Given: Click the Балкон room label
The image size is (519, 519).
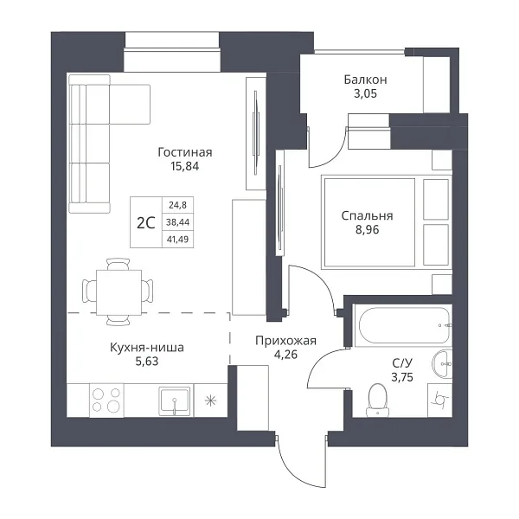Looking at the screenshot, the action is coord(365,80).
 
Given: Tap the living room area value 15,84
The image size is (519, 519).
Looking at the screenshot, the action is coord(185,166).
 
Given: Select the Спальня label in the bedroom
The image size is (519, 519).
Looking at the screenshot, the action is coord(367,216).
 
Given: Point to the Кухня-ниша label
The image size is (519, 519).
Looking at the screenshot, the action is coord(147,348).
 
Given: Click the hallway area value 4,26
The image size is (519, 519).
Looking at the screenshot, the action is coord(285,355).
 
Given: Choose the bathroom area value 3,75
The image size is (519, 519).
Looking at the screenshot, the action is coord(402,377).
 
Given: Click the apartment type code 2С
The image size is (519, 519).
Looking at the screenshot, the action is coord(146,223).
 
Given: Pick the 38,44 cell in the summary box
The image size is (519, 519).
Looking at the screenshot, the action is coord(177,222).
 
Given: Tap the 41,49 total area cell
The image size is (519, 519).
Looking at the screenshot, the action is coord(177,239).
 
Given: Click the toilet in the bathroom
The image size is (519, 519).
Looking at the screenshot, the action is coord(377,400).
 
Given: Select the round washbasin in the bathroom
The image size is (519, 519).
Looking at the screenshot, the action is coord(442,364).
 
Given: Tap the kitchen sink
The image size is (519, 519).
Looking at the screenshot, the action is coord(175,400).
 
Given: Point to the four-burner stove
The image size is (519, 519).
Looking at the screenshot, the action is coord(106,400).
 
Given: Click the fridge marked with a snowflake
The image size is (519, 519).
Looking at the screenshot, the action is coord(210,400).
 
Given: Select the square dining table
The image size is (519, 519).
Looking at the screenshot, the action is coord(119,292).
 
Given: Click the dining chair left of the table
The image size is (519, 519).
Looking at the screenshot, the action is coord(89,291).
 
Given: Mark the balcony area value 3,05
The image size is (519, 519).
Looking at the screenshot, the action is coord(365,93).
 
